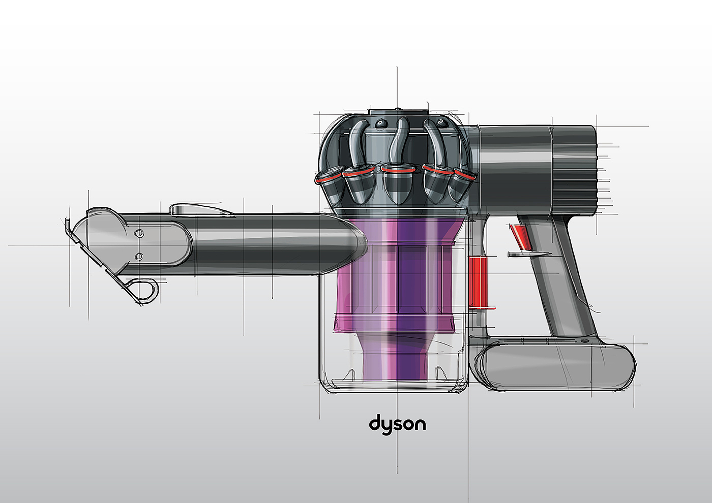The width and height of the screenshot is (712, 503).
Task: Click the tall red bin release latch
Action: [x=478, y=282]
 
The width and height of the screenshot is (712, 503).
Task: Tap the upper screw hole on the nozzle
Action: [x=139, y=234]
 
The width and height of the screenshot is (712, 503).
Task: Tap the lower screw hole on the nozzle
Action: [x=139, y=256]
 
